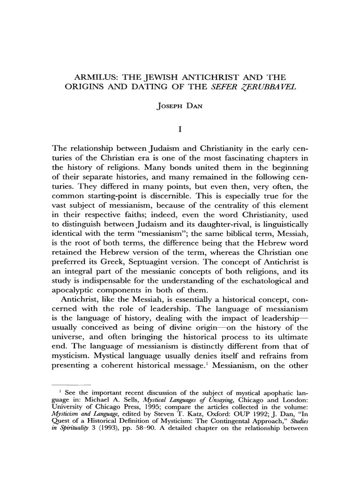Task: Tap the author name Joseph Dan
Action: click(x=180, y=106)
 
